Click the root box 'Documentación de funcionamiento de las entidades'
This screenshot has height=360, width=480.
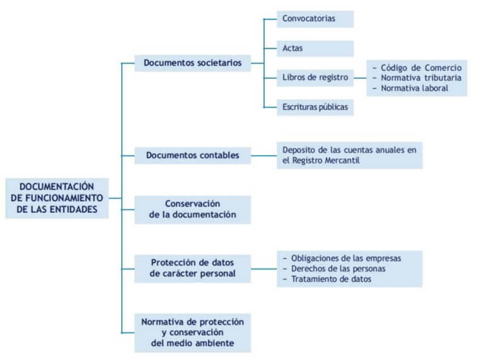(x=57, y=198)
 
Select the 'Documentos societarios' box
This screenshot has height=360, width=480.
(x=192, y=63)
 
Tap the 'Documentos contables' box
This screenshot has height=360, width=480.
(x=192, y=155)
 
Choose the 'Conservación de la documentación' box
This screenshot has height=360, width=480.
(x=192, y=209)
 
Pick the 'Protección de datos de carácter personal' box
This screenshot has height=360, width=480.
(x=192, y=268)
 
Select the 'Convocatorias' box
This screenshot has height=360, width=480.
(x=315, y=19)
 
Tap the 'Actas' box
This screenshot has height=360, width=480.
(x=315, y=48)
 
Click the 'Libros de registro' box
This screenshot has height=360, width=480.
(x=315, y=78)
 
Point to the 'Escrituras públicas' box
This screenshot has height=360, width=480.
(x=315, y=107)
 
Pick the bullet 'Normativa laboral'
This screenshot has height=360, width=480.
(x=414, y=88)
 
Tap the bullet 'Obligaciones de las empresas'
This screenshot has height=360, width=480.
(x=346, y=259)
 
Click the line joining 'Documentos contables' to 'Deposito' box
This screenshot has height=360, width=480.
(x=264, y=155)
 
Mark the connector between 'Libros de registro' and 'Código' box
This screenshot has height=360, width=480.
(x=360, y=78)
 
